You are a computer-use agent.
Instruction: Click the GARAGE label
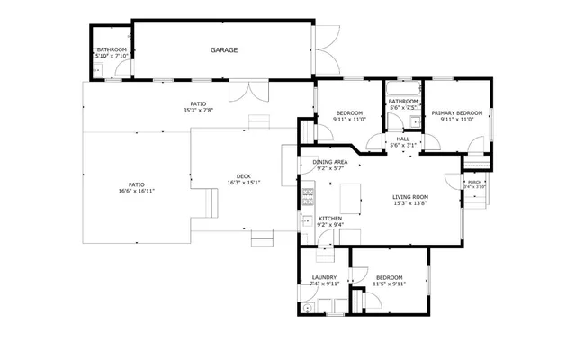(224, 50)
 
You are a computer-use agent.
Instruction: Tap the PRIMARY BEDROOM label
(457, 112)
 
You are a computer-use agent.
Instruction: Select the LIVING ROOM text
(409, 197)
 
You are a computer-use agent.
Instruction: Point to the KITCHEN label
(330, 219)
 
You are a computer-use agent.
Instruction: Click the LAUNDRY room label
(324, 277)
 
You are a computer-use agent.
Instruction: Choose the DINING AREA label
(330, 162)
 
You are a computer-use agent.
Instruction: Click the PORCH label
(474, 182)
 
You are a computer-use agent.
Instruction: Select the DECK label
(243, 176)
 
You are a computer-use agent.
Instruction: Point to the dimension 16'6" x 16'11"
(136, 191)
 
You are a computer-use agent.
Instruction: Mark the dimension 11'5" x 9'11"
(390, 283)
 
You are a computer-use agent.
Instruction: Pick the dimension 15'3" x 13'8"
(409, 203)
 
